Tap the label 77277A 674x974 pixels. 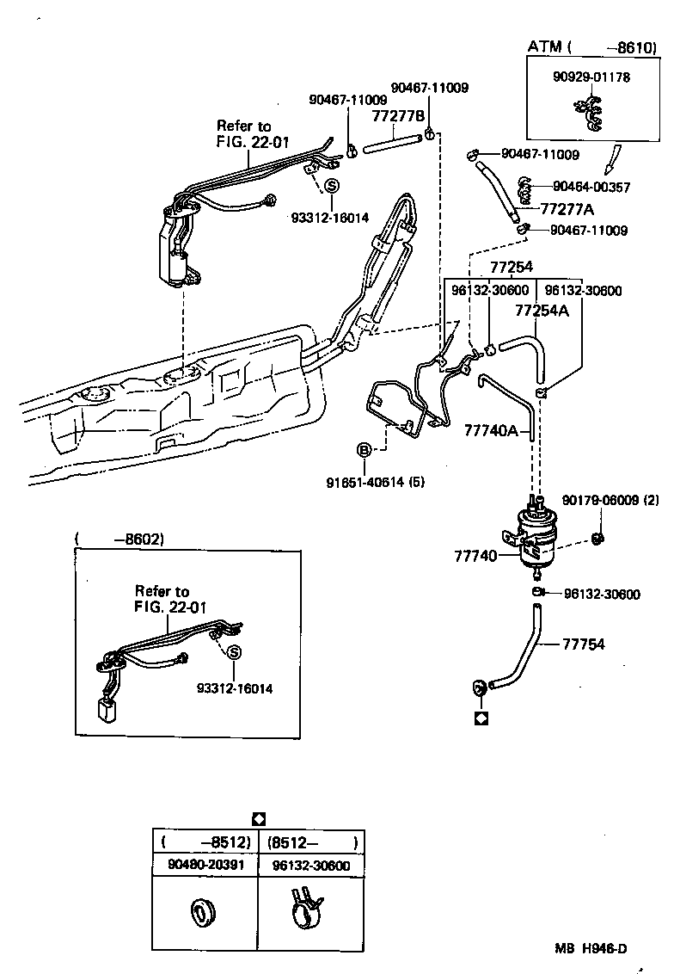pyautogui.click(x=567, y=208)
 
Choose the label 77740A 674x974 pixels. pyautogui.click(x=491, y=429)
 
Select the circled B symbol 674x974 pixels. pyautogui.click(x=364, y=450)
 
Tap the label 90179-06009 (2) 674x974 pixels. pyautogui.click(x=610, y=500)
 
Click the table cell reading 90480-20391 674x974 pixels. pyautogui.click(x=205, y=865)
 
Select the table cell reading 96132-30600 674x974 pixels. pyautogui.click(x=310, y=865)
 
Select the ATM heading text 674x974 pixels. pyautogui.click(x=543, y=47)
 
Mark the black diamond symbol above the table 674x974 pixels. pyautogui.click(x=259, y=818)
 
